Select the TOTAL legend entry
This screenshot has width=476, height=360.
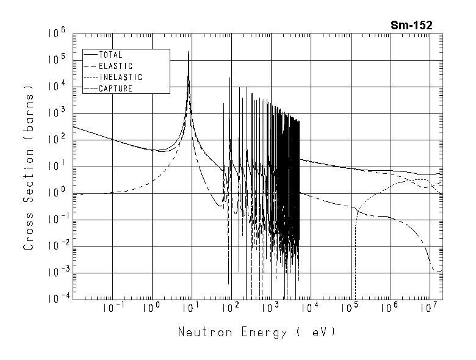[x=110, y=55]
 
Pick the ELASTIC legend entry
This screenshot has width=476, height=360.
[x=115, y=66]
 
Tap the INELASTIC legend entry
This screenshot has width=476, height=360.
[x=120, y=77]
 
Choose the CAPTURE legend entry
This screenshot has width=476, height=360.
[x=115, y=88]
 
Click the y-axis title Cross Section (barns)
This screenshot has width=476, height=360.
[x=29, y=167]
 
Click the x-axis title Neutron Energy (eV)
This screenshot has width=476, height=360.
[x=256, y=333]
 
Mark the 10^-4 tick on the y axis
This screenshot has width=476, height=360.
[x=57, y=298]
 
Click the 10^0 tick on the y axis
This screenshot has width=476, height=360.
[x=59, y=193]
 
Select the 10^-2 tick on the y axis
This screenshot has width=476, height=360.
[x=57, y=245]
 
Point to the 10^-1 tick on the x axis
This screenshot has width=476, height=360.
[x=110, y=307]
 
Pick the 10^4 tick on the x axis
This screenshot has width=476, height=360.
[x=309, y=307]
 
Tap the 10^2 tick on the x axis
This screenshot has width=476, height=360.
[x=230, y=307]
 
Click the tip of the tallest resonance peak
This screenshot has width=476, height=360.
[x=189, y=52]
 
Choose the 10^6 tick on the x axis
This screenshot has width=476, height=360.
[x=389, y=307]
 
